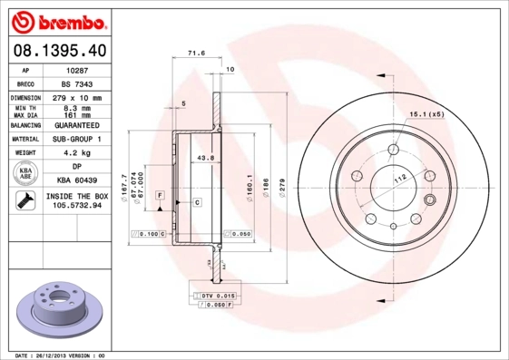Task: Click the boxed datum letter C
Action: [x=195, y=202]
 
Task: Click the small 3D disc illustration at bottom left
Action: [x=60, y=311]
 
